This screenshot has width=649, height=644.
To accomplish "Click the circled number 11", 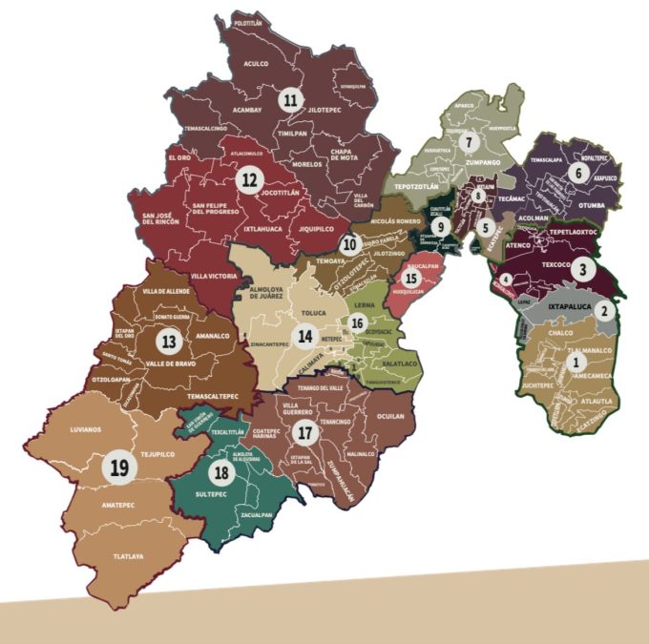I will tap(289, 98).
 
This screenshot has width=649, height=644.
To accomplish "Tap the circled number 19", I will tap(119, 467).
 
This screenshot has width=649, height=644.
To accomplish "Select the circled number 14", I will tap(304, 335).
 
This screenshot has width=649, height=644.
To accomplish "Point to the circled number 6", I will tap(576, 173).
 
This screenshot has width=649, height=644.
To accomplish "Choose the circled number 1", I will tap(574, 362).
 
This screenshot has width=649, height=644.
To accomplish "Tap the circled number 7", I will tap(468, 142).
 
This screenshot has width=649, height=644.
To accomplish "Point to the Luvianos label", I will tap(85, 429).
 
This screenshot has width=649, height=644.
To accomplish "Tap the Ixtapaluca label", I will tap(564, 307).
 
